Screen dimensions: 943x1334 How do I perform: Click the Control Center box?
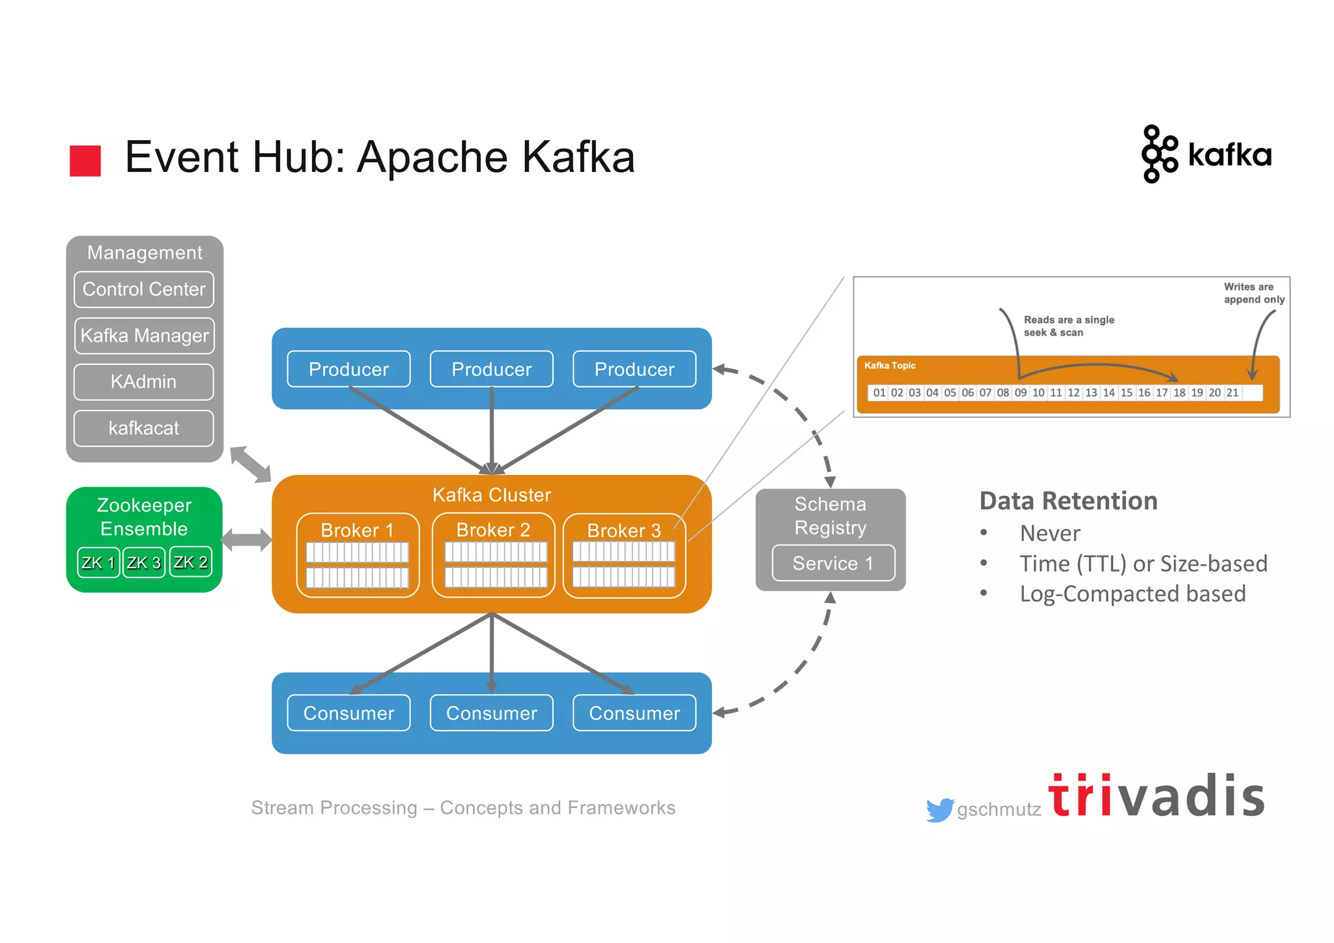coord(144,289)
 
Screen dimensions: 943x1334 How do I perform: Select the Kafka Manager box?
coord(144,336)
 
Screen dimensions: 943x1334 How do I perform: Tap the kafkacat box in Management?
coord(144,428)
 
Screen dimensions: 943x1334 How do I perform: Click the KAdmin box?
coord(144,382)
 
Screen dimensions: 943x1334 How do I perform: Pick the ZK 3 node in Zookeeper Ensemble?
coord(144,562)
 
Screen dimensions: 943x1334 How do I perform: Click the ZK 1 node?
coord(98,562)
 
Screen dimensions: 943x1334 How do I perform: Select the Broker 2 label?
coord(493,530)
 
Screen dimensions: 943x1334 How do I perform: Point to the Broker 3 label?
coord(623,530)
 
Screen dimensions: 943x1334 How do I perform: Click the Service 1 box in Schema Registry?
coord(833,563)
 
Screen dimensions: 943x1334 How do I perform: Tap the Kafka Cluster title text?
coord(492,495)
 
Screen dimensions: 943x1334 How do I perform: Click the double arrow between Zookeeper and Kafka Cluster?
coord(246,540)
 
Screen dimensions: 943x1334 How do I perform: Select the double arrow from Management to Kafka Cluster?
coord(250,464)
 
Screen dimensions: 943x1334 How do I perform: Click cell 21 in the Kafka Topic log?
coord(1232,393)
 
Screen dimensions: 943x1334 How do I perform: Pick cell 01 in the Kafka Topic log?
coord(879,393)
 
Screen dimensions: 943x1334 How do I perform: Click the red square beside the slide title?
coord(85,161)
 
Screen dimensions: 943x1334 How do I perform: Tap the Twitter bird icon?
coord(939,810)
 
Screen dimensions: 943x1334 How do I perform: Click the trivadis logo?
coord(1156,796)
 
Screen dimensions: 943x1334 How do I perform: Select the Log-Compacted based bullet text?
coord(1132,594)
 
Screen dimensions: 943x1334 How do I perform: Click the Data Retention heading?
coord(1068,501)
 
